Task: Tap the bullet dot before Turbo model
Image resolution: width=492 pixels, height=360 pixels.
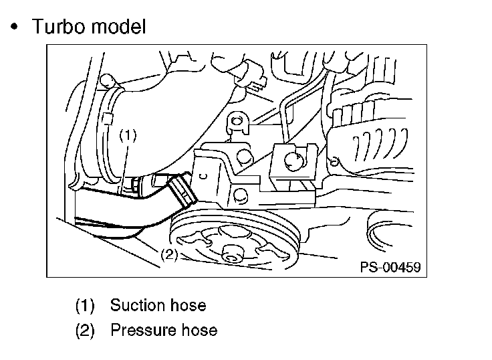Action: coord(14,27)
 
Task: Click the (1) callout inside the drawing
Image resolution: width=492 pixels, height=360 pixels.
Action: coord(128,134)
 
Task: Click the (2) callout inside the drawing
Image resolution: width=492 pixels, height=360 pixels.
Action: coord(168,254)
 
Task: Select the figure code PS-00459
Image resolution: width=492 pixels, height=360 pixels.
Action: coord(390,268)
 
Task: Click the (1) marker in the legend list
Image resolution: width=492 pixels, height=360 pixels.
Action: coord(85,306)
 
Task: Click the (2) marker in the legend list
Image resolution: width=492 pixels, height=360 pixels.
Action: coord(85,331)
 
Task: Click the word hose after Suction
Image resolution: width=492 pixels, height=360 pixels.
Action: coord(188,306)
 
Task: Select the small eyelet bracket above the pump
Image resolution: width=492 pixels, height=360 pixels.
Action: coord(236,122)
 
